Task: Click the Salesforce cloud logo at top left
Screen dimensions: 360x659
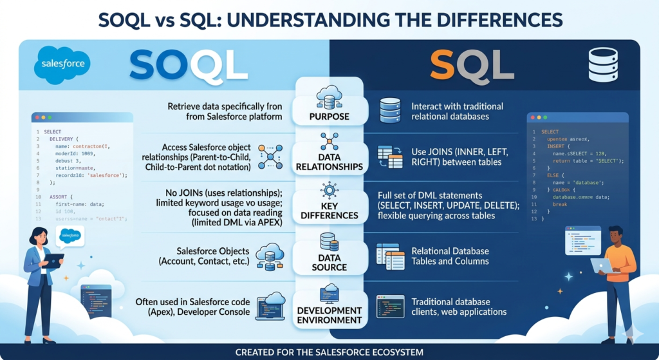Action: pos(62,65)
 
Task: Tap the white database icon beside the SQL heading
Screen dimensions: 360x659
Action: pos(603,65)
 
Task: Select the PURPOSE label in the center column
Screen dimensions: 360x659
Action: pos(329,117)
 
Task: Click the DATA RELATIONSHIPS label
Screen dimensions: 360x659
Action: pos(329,161)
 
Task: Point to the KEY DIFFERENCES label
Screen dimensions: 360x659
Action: pos(329,210)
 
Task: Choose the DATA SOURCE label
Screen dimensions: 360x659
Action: pos(329,261)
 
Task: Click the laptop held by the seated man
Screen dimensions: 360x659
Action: pos(601,265)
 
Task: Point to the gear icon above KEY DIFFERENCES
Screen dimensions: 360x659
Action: pos(329,190)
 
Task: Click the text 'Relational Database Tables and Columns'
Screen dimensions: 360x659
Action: pos(450,256)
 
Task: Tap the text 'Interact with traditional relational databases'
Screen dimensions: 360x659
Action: pos(457,111)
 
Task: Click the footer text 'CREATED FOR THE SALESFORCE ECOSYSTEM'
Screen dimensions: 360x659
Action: pos(329,352)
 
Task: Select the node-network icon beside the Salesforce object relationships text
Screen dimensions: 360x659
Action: pos(270,156)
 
